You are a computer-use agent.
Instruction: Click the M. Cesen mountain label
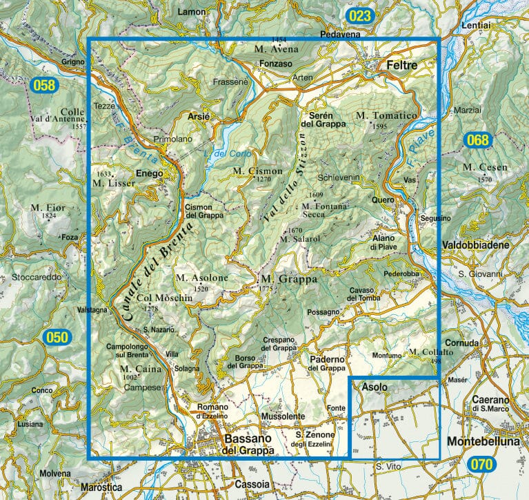coord(485,168)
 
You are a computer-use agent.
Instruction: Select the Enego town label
coord(149,173)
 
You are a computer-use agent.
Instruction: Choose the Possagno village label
coord(323,312)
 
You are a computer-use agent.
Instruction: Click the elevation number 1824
coord(48,216)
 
